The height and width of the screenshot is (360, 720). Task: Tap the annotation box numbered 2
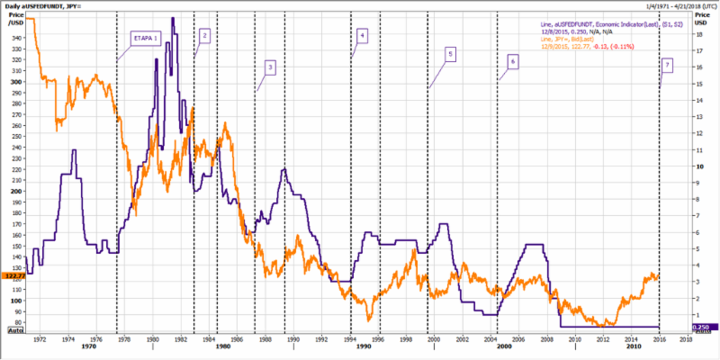[204, 35]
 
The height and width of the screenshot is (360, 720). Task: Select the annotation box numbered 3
[270, 67]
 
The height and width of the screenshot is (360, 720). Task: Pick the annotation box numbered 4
[362, 36]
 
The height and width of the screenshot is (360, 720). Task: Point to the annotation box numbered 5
[449, 54]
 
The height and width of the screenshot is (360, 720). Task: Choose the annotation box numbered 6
[511, 61]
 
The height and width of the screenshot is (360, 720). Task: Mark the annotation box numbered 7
[667, 65]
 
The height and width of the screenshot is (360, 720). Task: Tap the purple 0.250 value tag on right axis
[703, 328]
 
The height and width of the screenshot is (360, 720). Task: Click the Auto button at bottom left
[14, 331]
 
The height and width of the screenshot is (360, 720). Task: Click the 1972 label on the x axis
[39, 340]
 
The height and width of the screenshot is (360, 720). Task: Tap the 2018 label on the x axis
[685, 340]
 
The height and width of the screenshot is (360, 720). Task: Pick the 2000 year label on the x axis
[504, 347]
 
